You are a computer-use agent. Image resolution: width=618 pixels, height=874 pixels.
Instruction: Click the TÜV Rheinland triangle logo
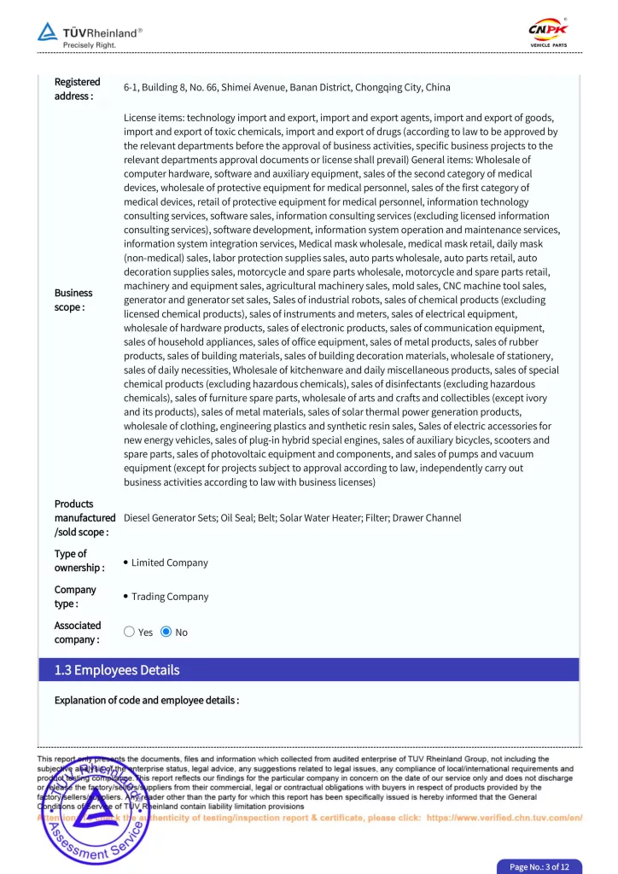pos(47,32)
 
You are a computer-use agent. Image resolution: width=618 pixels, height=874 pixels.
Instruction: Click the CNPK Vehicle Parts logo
pos(548,33)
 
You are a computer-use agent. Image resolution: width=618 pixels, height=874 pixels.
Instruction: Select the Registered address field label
pos(77,89)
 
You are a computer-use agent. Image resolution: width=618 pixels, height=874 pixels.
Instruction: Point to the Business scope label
pos(73,300)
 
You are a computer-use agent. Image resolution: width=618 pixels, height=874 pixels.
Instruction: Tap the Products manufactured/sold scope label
pos(85,518)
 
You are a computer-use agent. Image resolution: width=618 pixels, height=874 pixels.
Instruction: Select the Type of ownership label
pos(79,561)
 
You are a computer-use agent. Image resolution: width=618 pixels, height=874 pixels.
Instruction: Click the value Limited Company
pos(169,563)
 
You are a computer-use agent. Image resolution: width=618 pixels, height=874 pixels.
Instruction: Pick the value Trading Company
pos(169,597)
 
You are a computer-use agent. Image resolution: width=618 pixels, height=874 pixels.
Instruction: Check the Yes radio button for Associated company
pos(129,632)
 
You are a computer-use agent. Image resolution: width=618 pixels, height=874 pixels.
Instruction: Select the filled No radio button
pos(166,632)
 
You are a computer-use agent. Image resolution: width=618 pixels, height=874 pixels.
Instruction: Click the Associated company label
pos(77,632)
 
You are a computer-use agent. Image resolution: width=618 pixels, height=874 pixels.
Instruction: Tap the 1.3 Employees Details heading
pos(117,670)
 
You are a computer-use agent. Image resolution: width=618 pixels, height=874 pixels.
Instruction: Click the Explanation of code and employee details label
pos(146,701)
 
